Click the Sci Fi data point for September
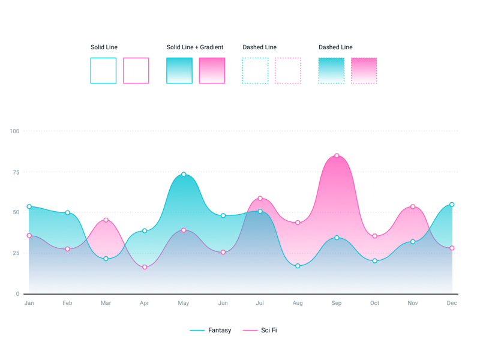337,156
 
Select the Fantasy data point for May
184,175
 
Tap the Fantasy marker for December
452,205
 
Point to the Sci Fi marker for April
145,267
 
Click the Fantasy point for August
298,266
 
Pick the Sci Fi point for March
106,220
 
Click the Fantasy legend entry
211,331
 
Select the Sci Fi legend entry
260,331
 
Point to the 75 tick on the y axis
14,172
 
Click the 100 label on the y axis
14,131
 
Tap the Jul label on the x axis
260,303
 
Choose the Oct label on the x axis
374,303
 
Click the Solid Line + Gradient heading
195,47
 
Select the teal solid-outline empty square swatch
103,71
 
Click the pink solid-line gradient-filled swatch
212,71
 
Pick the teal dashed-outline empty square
256,71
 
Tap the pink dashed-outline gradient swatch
364,71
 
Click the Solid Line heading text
104,47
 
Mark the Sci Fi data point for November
413,207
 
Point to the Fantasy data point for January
29,206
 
